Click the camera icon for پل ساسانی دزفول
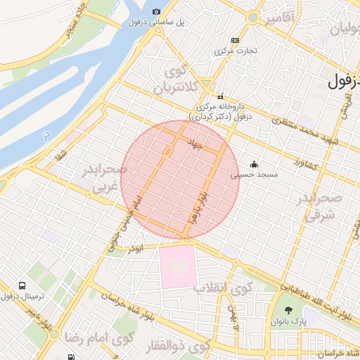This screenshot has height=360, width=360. (x=156, y=11)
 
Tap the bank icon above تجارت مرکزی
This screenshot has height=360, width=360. (x=234, y=40)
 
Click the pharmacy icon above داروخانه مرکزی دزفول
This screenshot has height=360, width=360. (x=220, y=96)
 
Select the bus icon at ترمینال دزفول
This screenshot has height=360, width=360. (x=22, y=286)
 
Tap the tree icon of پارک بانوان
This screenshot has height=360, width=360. (x=288, y=310)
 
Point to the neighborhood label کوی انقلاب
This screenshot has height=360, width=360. (x=214, y=288)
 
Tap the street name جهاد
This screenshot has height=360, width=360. (x=195, y=143)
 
